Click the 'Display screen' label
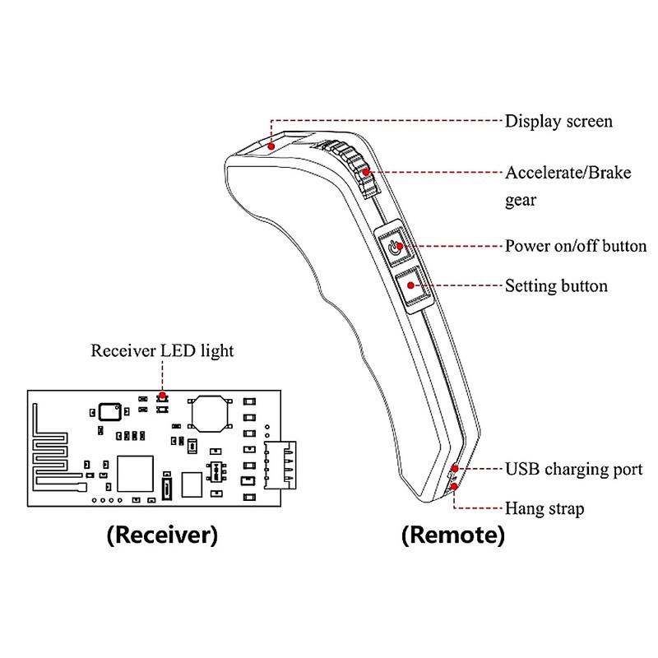click(558, 122)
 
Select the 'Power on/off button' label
click(575, 246)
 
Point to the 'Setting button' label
click(555, 286)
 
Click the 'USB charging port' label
click(573, 470)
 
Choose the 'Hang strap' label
click(544, 509)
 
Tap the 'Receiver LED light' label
click(161, 351)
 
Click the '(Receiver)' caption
click(162, 536)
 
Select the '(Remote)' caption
click(452, 536)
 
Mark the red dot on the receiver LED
click(164, 396)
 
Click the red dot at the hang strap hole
click(453, 487)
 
